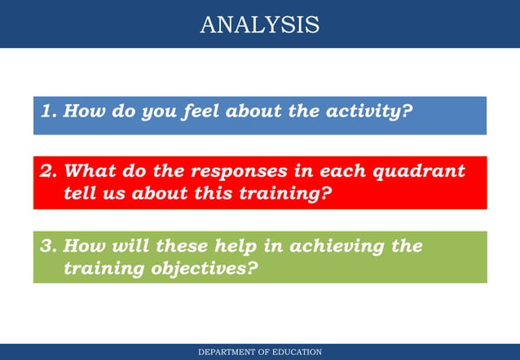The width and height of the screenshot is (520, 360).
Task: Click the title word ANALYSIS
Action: pos(259,24)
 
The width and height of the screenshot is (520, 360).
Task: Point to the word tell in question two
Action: pos(78,195)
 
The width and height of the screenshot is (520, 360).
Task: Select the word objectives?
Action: pos(202,270)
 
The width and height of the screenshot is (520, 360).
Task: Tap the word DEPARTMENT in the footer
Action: pos(229,352)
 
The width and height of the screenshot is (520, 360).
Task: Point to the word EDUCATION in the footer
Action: pos(297,352)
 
